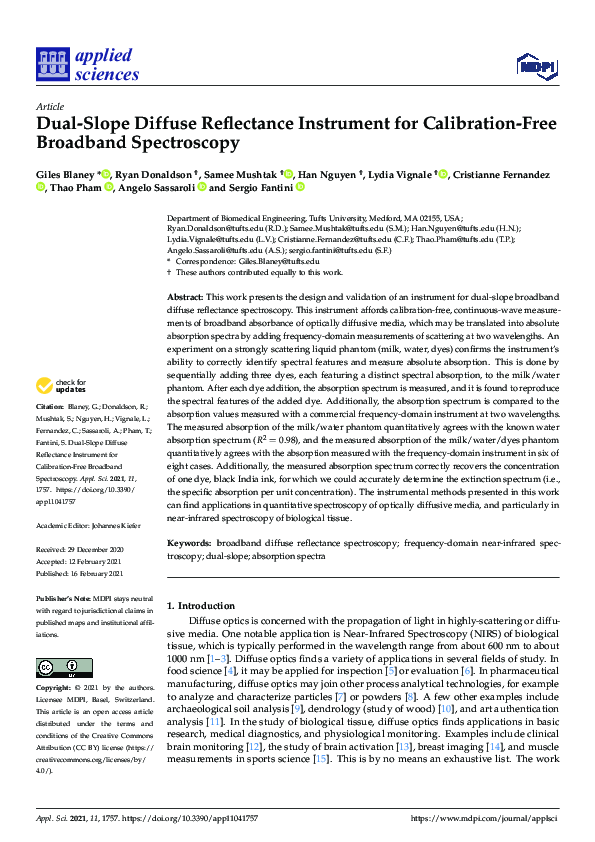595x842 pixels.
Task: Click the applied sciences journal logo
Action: click(x=87, y=63)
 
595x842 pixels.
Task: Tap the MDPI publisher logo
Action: click(x=536, y=67)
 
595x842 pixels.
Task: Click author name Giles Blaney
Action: click(x=65, y=175)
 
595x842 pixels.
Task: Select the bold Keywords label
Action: click(x=188, y=543)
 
